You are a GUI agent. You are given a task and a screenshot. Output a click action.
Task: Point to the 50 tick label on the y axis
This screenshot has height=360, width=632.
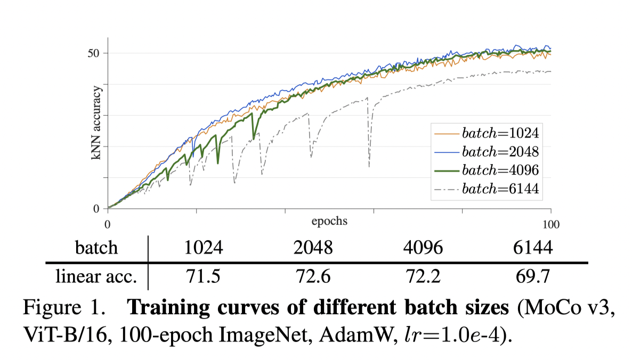(x=96, y=53)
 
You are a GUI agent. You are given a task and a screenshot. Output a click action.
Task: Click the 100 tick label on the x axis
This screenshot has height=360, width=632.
(x=550, y=224)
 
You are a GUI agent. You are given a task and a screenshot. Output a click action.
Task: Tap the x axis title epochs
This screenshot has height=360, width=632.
(x=329, y=220)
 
